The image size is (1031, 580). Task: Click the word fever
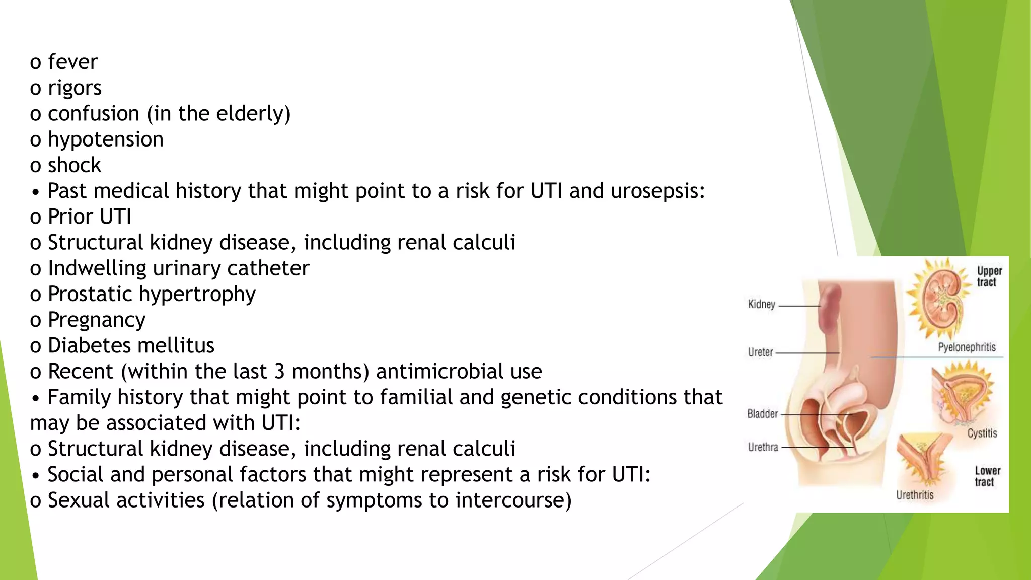point(72,62)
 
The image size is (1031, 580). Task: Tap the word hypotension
point(106,140)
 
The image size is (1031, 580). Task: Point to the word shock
point(75,166)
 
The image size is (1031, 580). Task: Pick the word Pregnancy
point(97,320)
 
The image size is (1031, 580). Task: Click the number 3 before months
point(279,372)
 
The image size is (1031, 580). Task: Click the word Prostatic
point(90,294)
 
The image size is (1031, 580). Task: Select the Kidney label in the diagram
point(761,305)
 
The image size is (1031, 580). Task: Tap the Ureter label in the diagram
point(760,352)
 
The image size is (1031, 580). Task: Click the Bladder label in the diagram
point(762,414)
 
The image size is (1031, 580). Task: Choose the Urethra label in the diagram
point(763,447)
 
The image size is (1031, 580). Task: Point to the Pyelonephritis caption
point(967,347)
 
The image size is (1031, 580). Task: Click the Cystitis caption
point(982,433)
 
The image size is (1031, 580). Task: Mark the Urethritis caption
point(914,495)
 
